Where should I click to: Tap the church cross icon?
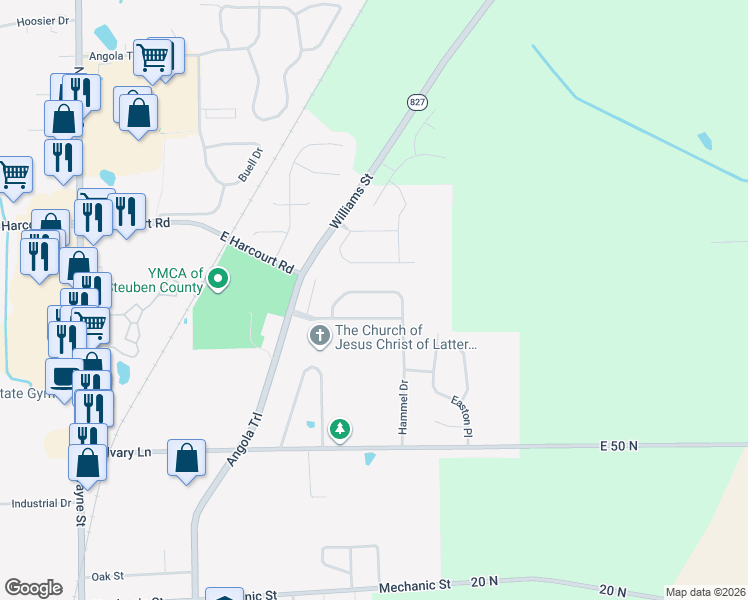coord(320,336)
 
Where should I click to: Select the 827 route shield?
coord(417,102)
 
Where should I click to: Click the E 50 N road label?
coord(619,445)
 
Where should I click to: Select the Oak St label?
coord(106,576)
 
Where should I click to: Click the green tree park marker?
coord(340,429)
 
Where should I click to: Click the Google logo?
coord(33,588)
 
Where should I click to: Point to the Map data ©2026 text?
coord(704,592)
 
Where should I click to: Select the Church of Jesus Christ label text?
coord(406,337)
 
